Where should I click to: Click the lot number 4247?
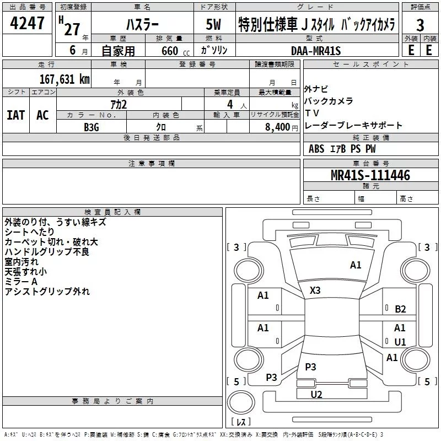tap(27, 23)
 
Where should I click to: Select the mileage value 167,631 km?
tap(64, 79)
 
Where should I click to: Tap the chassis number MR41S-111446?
tap(370, 175)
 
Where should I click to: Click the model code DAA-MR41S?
tap(316, 51)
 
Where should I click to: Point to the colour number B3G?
tap(92, 127)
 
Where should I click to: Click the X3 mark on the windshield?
tap(315, 291)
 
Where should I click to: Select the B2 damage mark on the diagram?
tap(400, 309)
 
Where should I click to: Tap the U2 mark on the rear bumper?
tap(316, 395)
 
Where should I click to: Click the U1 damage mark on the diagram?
tap(400, 342)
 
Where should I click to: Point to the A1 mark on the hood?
tap(356, 265)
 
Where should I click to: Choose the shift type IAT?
tap(16, 115)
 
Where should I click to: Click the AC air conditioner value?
tap(42, 115)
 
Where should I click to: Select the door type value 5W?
tap(213, 24)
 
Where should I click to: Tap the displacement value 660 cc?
tap(175, 51)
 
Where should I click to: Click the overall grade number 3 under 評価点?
tap(420, 25)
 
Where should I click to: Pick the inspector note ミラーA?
tap(21, 282)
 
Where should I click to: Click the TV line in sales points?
tap(311, 113)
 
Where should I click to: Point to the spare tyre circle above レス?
tap(241, 402)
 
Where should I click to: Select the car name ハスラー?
tap(142, 25)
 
